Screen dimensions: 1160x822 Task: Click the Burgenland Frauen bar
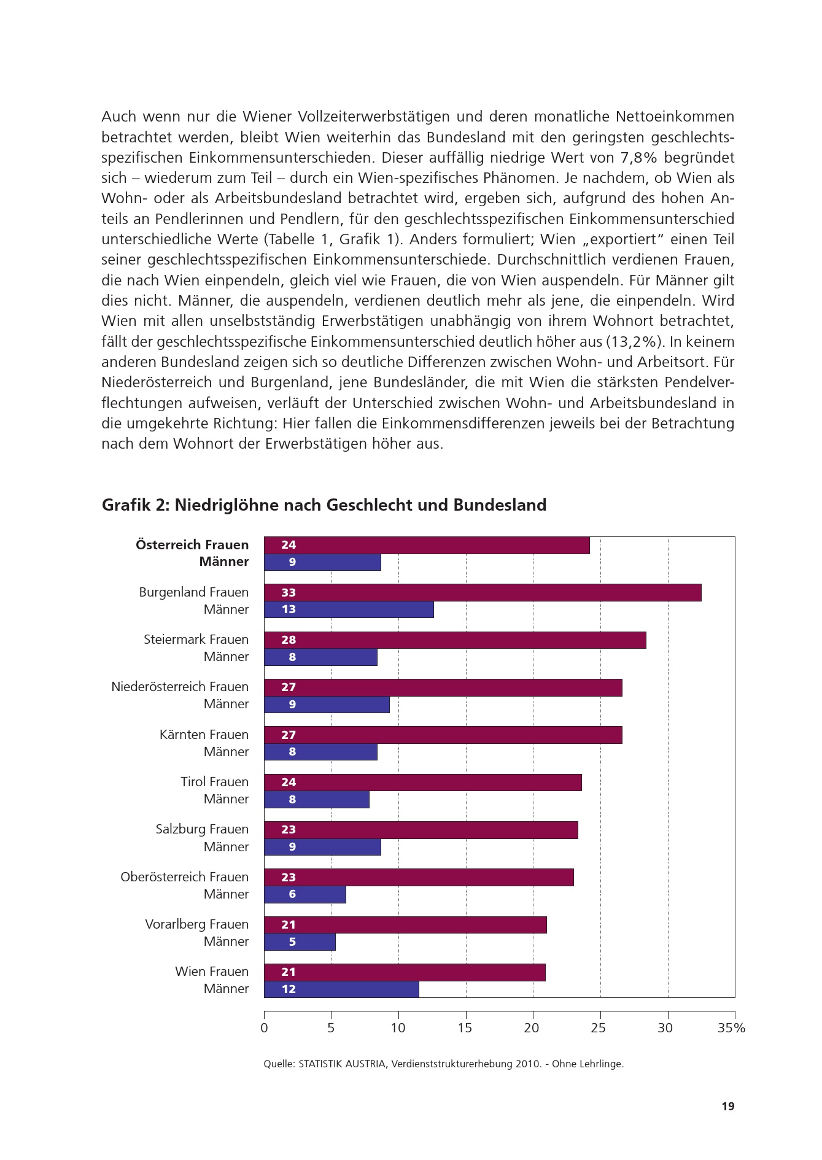[483, 592]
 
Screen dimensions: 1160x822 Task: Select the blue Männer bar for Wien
[341, 989]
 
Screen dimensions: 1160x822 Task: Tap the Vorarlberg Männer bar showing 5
[300, 942]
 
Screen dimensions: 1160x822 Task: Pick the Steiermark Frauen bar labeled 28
[455, 640]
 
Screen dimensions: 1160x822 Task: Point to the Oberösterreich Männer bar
[305, 894]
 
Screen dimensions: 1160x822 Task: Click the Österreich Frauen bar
[427, 545]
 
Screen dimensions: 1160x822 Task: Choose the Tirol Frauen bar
[423, 783]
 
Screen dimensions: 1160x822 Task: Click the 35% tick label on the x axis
[731, 1027]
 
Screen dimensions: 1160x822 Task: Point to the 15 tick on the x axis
[465, 1027]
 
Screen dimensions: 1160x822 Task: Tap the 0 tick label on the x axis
[265, 1027]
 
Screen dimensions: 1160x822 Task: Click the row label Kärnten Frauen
[204, 735]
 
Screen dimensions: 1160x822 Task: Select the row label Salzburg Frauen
[202, 829]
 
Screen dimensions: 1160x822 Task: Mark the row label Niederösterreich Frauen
[180, 687]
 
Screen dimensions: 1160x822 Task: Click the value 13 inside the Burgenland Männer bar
[289, 609]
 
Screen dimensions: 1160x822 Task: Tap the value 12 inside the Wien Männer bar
[289, 989]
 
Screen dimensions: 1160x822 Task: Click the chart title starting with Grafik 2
[324, 505]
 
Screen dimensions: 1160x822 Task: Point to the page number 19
[727, 1106]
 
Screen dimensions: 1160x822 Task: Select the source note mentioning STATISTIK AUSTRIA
[443, 1064]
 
